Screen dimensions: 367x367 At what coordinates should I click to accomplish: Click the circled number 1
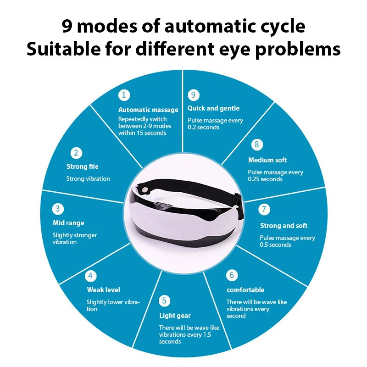pos(123,95)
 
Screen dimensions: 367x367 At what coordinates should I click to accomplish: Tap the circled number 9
pos(194,95)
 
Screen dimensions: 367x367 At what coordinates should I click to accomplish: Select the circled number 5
pos(165,301)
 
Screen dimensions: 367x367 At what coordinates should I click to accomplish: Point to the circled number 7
pos(264,209)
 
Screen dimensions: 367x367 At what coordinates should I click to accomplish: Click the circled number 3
pos(58,209)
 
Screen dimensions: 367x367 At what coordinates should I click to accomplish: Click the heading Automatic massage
pos(148,110)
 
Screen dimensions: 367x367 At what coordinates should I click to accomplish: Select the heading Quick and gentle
pos(213,108)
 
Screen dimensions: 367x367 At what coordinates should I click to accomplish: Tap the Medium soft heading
pos(267,160)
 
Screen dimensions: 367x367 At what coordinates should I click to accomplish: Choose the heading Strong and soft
pos(284,226)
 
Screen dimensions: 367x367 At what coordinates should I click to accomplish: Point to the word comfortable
pos(245,290)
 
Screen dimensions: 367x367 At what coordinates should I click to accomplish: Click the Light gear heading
pos(175,316)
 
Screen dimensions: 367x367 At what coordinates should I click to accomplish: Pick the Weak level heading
pos(103,290)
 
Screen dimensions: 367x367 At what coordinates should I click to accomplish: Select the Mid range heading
pos(68,223)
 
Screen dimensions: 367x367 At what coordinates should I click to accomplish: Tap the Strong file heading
pos(82,167)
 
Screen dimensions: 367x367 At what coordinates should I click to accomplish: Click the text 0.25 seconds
pos(265,179)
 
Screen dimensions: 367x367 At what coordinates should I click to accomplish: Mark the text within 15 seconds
pos(142,133)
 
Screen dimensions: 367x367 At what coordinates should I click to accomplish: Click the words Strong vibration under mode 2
pos(88,178)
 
